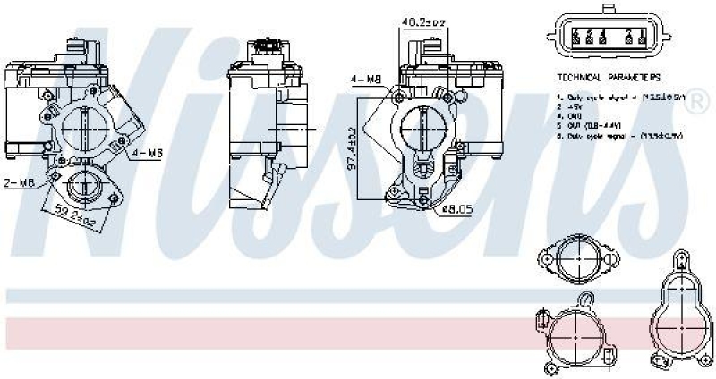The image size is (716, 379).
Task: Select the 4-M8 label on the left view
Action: [x=148, y=153]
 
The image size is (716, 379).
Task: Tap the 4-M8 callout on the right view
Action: [x=366, y=80]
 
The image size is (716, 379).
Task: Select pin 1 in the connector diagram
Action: [x=643, y=38]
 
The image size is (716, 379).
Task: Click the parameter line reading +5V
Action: [x=574, y=105]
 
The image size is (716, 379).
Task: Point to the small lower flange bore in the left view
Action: [x=87, y=186]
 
